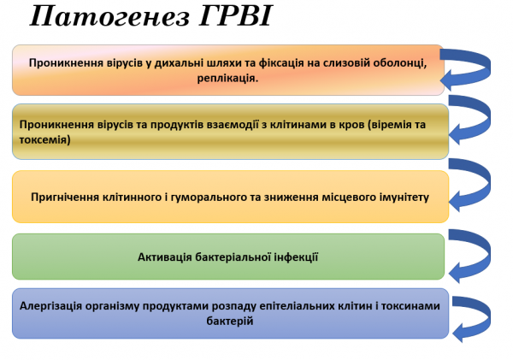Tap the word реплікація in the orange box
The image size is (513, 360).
click(227, 78)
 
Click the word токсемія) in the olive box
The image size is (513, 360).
click(44, 139)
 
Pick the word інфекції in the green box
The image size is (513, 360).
click(295, 257)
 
